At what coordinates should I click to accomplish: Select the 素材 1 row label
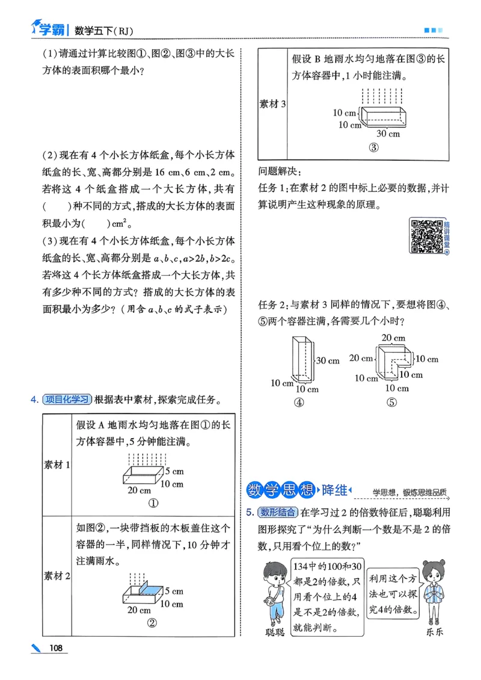(x=57, y=465)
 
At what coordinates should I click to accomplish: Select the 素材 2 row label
(x=57, y=576)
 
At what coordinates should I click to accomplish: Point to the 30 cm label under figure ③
(x=388, y=134)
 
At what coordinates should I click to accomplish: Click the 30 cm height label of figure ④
(x=328, y=360)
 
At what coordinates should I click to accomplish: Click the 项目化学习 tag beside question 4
(x=67, y=399)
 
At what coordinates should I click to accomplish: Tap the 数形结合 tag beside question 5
(x=277, y=512)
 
